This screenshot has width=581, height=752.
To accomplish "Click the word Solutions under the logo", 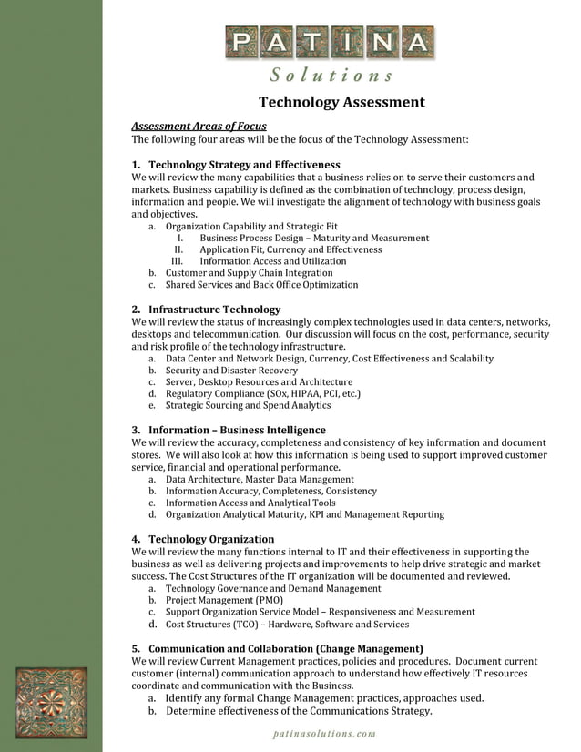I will tap(331, 75).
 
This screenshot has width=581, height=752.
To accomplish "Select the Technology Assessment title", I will tap(341, 102).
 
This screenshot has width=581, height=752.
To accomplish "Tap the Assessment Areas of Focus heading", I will tap(199, 126).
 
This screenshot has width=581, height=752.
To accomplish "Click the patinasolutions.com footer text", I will tap(324, 734).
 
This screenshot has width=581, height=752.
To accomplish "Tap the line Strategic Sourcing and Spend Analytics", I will tap(248, 405).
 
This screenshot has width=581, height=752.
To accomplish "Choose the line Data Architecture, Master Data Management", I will tap(260, 478).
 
